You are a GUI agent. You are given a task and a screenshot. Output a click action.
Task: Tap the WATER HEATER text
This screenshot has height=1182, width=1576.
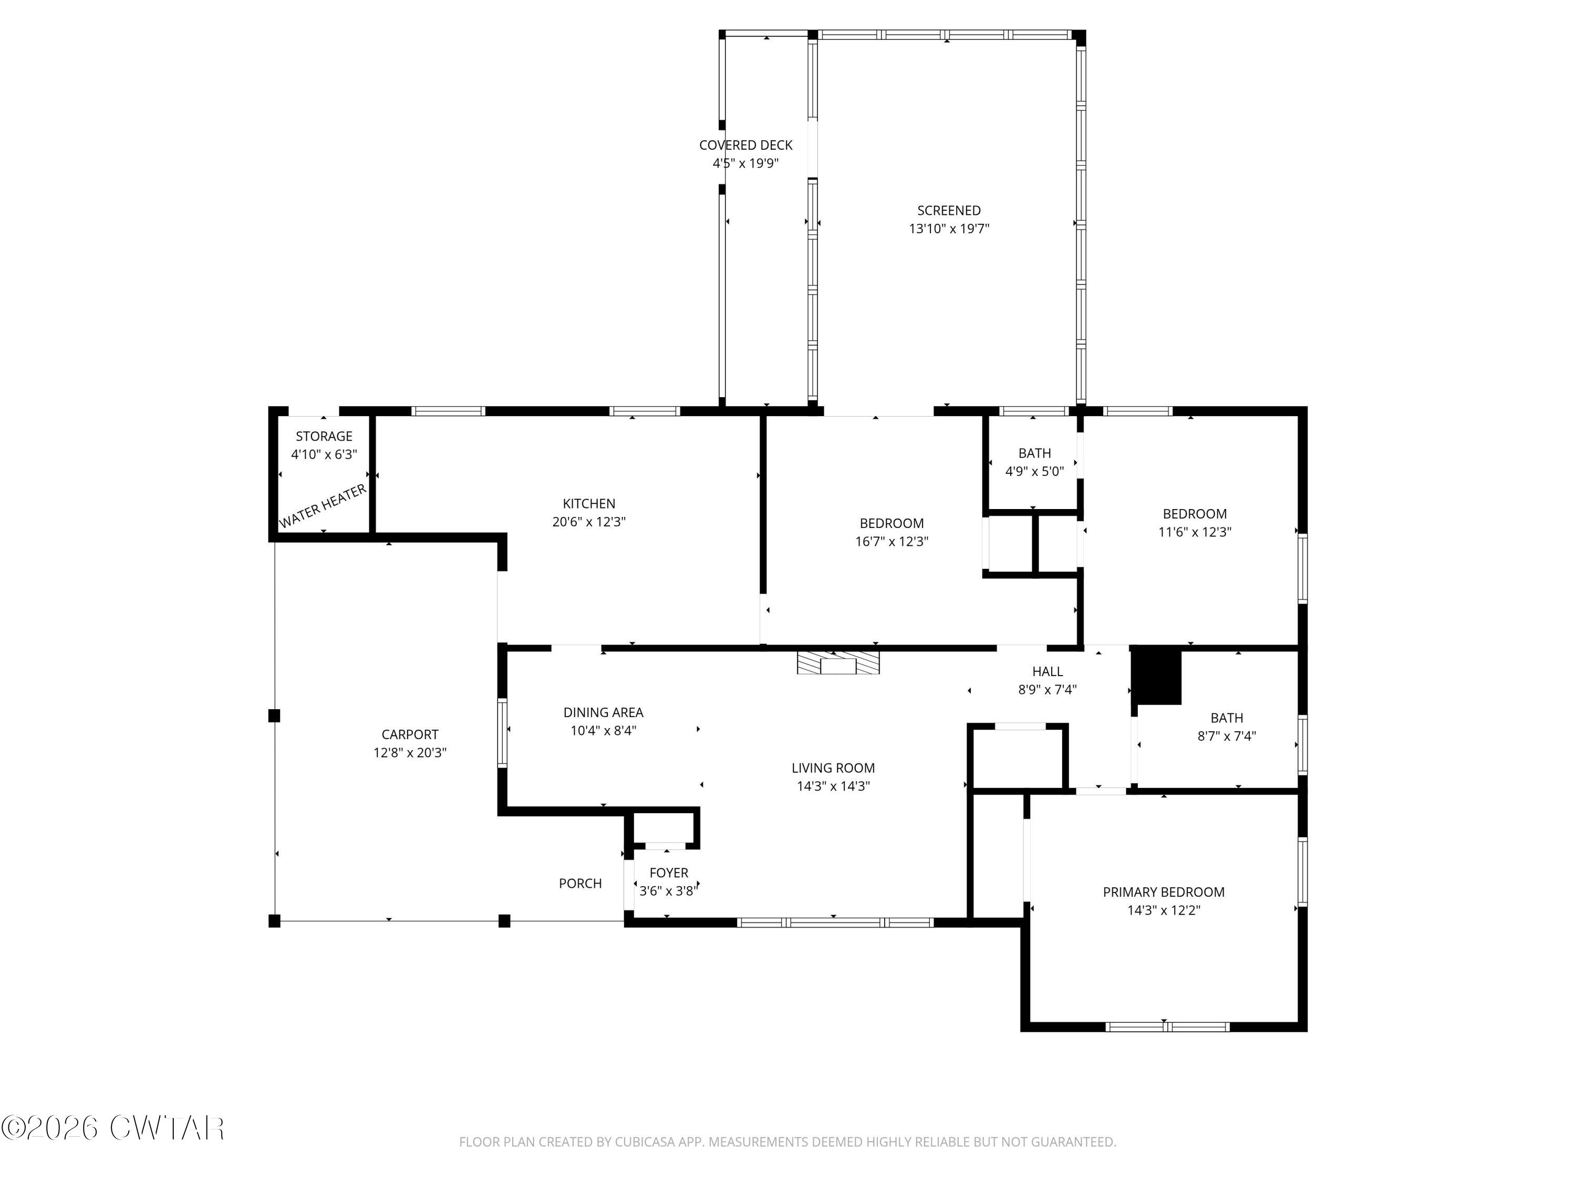(323, 506)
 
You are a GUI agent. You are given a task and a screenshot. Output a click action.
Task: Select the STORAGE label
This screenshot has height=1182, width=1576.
(324, 436)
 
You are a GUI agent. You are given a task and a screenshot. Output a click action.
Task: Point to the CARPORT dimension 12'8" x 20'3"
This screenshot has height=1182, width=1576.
(410, 752)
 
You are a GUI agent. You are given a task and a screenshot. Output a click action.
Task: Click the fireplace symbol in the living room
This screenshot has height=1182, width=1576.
(838, 662)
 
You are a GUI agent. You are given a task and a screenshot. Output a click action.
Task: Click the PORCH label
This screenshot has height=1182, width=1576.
(580, 884)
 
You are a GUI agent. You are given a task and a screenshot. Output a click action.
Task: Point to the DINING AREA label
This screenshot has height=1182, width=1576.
(604, 712)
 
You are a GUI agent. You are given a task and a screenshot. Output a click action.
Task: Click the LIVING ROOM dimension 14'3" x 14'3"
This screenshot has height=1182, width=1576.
(833, 786)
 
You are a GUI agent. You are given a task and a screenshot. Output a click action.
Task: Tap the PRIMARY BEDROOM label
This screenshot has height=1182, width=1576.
(1164, 892)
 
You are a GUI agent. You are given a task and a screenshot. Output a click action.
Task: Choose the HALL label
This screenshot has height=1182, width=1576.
(1048, 671)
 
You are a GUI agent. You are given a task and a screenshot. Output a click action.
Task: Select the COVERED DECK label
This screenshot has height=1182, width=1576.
(746, 146)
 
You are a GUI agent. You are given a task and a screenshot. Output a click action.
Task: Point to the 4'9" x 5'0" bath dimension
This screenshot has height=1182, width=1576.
(1034, 471)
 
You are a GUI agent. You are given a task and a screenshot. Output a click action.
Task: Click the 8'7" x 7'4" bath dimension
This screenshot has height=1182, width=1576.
(1226, 736)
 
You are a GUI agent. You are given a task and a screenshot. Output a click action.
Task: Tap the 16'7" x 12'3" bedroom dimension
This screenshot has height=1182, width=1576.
(891, 542)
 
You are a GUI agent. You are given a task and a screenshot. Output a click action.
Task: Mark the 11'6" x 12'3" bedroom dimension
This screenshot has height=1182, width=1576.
(1195, 532)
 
